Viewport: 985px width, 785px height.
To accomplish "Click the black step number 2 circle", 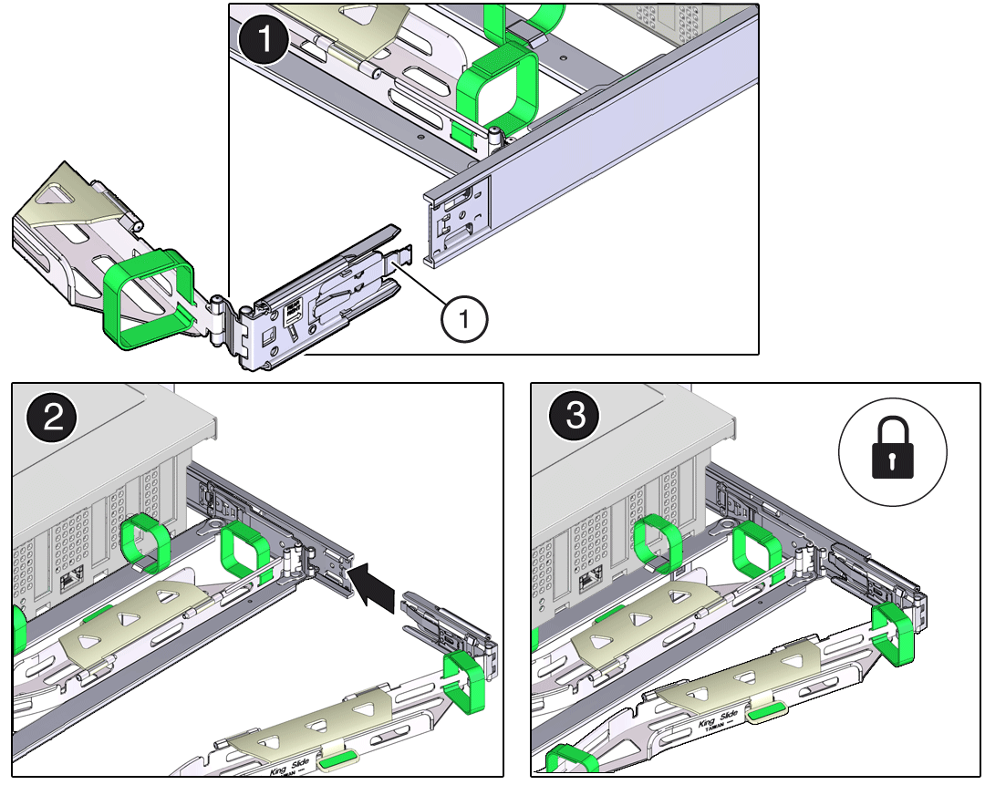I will click(53, 419).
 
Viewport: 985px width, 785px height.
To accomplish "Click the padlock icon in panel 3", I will click(893, 449).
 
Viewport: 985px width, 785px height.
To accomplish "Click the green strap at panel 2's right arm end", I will click(466, 678).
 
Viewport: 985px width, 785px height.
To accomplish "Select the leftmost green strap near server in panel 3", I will click(658, 544).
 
